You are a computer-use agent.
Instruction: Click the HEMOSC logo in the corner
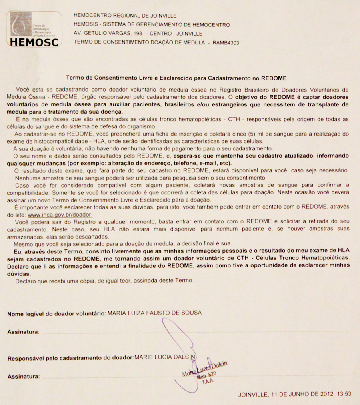click(x=34, y=29)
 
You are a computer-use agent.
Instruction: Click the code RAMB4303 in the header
click(x=226, y=42)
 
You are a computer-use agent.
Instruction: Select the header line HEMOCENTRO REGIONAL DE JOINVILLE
click(x=125, y=16)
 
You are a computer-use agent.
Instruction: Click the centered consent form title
click(x=176, y=78)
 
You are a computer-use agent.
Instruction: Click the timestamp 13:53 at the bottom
click(x=344, y=394)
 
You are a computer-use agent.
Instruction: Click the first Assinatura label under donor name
click(x=23, y=332)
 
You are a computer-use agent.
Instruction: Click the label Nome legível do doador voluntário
click(x=56, y=313)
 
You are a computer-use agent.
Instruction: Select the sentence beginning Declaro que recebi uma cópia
click(x=104, y=281)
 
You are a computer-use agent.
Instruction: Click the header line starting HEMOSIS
click(x=152, y=25)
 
